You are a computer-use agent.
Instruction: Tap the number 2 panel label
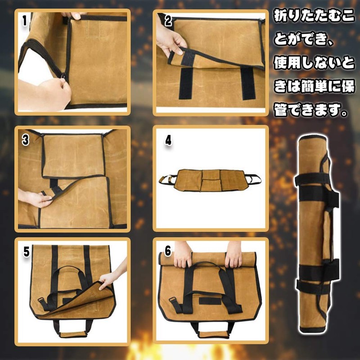[x=168, y=21]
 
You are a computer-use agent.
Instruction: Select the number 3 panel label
[x=26, y=139]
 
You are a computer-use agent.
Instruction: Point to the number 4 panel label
[x=168, y=140]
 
